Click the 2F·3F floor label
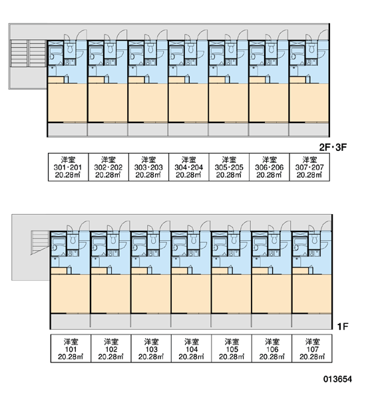point(333,147)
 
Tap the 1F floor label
point(343,326)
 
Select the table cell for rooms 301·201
point(69,167)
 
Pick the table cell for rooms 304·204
point(189,167)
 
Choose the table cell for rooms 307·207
point(309,167)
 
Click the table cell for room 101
point(71,348)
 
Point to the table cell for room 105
point(232,348)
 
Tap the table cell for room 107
point(312,348)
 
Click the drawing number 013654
point(338,379)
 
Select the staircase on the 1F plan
point(40,242)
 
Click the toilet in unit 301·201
point(70,49)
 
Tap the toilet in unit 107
point(315,239)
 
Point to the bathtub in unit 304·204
point(176,54)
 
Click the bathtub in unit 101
point(59,245)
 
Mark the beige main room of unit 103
point(151,293)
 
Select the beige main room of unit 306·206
point(269,103)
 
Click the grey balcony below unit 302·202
point(108,129)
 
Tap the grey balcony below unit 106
point(272,321)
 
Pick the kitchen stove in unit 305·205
point(231,62)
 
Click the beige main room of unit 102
point(110,293)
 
